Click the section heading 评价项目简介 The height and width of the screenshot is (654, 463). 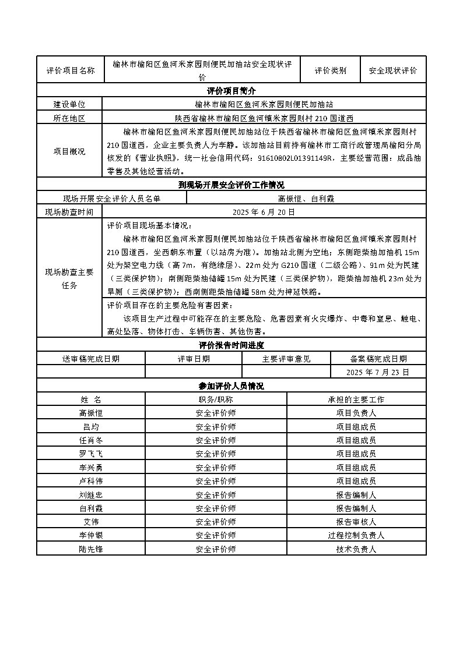pyautogui.click(x=232, y=91)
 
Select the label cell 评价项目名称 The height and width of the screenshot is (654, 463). pyautogui.click(x=70, y=70)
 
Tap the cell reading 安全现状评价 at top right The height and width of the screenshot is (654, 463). pyautogui.click(x=393, y=70)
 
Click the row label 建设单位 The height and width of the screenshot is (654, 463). pyautogui.click(x=69, y=104)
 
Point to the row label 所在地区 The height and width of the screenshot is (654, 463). pyautogui.click(x=69, y=118)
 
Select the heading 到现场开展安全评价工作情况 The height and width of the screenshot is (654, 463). pyautogui.click(x=232, y=185)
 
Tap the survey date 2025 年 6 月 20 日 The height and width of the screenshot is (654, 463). pyautogui.click(x=264, y=212)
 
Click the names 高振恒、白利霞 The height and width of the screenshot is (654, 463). pyautogui.click(x=306, y=199)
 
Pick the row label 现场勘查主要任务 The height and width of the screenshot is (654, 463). pyautogui.click(x=69, y=279)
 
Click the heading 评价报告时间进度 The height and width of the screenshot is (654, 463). pyautogui.click(x=232, y=345)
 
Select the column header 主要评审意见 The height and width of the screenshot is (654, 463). pyautogui.click(x=286, y=359)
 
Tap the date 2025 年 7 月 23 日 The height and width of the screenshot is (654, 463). pyautogui.click(x=378, y=372)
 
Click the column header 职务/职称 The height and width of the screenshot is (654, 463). pyautogui.click(x=216, y=400)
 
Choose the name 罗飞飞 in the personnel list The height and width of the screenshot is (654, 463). pyautogui.click(x=91, y=454)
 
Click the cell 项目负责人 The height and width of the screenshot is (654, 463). pyautogui.click(x=356, y=413)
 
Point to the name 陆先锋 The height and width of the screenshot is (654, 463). pyautogui.click(x=91, y=549)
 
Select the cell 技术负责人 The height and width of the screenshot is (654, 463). pyautogui.click(x=356, y=549)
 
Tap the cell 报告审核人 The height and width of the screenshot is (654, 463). pyautogui.click(x=356, y=522)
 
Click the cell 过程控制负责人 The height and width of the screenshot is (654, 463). pyautogui.click(x=356, y=535)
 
